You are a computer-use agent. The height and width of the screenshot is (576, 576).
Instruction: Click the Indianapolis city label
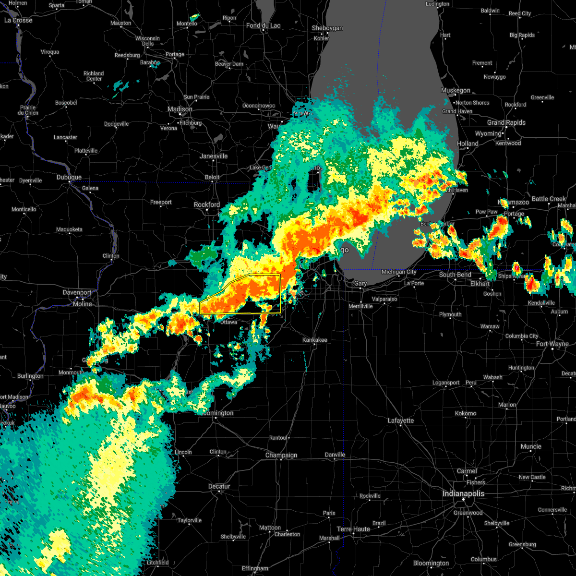tap(463, 493)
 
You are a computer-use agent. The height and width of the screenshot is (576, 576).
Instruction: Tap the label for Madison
tap(180, 109)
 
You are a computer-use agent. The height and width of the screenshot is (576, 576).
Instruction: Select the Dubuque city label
tap(69, 177)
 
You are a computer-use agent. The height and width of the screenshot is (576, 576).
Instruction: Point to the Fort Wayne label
tap(552, 344)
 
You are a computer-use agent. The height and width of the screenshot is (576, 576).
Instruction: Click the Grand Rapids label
tap(506, 122)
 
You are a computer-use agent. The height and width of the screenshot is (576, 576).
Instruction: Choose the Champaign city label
tap(281, 455)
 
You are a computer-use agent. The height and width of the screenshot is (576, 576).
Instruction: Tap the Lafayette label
tap(401, 420)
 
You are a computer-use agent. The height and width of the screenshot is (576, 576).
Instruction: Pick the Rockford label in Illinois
tap(207, 204)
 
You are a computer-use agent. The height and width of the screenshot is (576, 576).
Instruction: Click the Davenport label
tap(77, 292)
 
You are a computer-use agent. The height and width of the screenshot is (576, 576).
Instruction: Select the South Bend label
tap(455, 275)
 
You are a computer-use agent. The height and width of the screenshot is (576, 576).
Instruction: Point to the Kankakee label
tap(315, 340)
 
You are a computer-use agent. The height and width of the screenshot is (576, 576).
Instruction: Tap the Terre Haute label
tap(353, 529)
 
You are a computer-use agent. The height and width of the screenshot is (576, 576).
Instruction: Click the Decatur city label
tap(219, 486)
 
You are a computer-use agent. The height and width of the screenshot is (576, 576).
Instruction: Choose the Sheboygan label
tap(327, 28)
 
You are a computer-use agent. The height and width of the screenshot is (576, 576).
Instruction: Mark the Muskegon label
tap(456, 90)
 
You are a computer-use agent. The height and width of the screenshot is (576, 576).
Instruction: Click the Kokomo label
tap(466, 413)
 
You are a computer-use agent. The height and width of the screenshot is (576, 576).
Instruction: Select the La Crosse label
tap(18, 20)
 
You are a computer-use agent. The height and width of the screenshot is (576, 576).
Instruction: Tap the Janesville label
tap(214, 156)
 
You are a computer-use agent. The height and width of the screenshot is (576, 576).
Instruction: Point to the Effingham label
tap(255, 568)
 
